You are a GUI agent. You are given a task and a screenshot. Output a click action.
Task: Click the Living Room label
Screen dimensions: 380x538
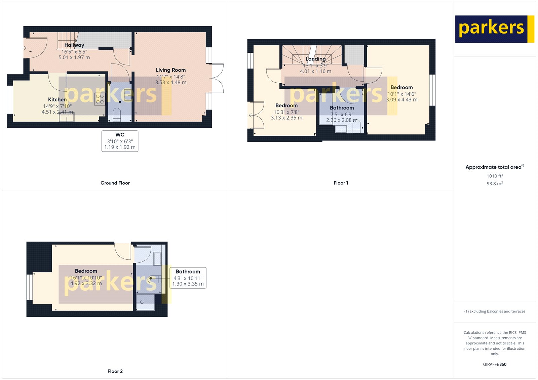(x=170, y=70)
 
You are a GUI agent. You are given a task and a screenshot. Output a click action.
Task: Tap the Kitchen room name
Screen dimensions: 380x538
(x=57, y=99)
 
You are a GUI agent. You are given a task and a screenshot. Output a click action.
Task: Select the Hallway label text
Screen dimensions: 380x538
(x=74, y=45)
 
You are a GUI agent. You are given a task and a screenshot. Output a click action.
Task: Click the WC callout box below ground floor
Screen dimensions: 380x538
(x=120, y=141)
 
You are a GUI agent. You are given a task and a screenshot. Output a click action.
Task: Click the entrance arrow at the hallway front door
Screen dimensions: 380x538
(x=24, y=48)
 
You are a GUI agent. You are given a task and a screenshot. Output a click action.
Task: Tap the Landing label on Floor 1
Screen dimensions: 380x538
(x=315, y=59)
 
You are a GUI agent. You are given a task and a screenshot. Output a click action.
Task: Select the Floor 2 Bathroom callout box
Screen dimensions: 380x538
(x=188, y=278)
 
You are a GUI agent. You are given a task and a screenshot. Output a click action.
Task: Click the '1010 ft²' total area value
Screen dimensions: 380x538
(x=495, y=176)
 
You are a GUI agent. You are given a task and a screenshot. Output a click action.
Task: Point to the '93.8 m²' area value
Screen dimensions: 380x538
(x=495, y=183)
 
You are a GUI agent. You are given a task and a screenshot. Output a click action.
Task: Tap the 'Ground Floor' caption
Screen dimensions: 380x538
(x=115, y=183)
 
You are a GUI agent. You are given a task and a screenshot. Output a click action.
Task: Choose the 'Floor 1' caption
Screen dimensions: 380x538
(x=341, y=183)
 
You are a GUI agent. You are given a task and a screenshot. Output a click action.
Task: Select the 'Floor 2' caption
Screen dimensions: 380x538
(x=115, y=371)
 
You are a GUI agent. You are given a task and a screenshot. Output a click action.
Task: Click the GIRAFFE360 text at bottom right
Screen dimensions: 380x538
(x=495, y=364)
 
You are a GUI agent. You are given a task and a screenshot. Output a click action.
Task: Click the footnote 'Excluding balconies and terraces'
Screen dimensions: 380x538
(x=495, y=311)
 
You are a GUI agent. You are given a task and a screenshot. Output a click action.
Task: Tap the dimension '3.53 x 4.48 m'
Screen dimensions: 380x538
(x=170, y=82)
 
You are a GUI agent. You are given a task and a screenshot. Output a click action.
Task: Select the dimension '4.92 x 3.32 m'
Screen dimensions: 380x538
(x=86, y=283)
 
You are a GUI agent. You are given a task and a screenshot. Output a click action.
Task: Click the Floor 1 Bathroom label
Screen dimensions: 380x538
(x=342, y=108)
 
